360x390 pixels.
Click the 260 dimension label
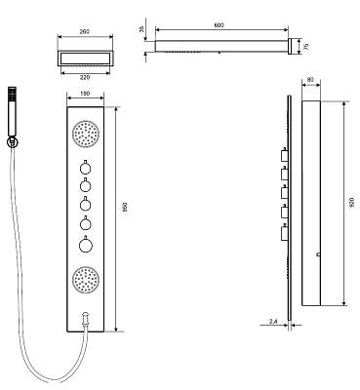click(85, 31)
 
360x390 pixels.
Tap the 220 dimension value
click(85, 77)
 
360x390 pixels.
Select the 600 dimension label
click(220, 25)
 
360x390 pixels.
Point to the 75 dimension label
click(305, 47)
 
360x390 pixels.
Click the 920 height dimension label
click(352, 204)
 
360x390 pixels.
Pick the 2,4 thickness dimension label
click(273, 322)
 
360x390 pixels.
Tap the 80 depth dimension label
click(310, 79)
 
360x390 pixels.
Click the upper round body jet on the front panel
click(86, 134)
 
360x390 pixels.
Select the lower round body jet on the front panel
click(86, 280)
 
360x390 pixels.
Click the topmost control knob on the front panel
click(85, 168)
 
